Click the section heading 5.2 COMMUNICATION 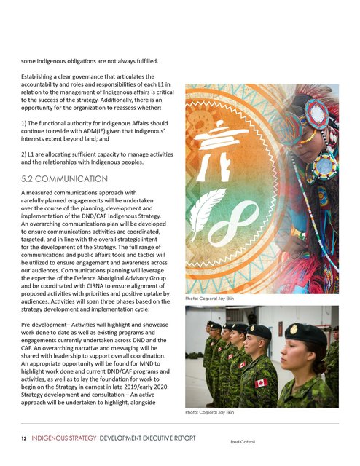click(66, 178)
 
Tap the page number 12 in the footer click(23, 439)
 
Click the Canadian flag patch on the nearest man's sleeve click(260, 383)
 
